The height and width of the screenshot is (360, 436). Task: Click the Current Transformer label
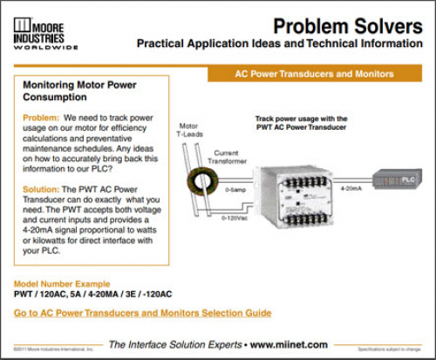click(x=226, y=158)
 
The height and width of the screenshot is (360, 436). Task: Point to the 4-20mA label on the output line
click(x=352, y=187)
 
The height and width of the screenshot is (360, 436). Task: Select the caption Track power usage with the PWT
click(x=301, y=123)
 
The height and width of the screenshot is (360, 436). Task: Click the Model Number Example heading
click(x=62, y=284)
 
